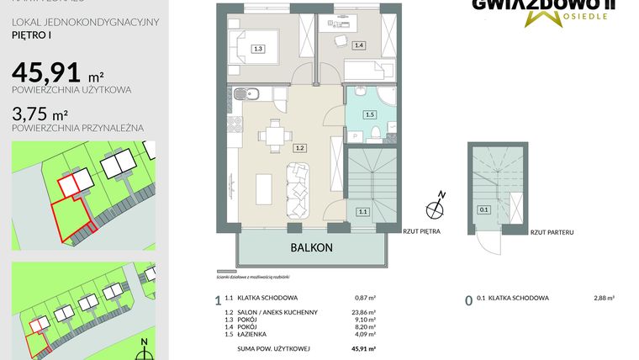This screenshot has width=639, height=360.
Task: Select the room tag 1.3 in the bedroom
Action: tap(258, 49)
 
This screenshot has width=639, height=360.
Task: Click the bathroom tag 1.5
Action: tap(369, 114)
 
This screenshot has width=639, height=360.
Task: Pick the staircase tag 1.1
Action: tap(362, 212)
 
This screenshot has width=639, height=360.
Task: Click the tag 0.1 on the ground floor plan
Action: tap(483, 210)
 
